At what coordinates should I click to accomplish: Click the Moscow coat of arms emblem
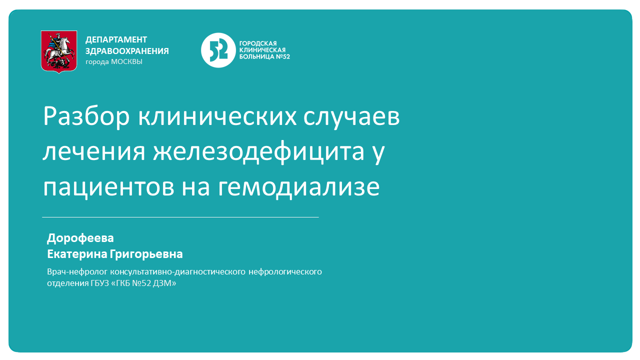pos(59,51)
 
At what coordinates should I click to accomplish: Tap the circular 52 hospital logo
pos(218,50)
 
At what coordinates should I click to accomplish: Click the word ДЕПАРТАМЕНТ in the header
pos(116,39)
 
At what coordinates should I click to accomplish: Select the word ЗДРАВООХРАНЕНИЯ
pos(127,51)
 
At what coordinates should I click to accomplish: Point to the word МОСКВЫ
pos(126,62)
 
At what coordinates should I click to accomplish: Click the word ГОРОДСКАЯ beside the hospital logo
pos(258,43)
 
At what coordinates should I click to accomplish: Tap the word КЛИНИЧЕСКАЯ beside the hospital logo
pos(262,50)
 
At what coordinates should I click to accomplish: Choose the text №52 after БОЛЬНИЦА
pos(283,56)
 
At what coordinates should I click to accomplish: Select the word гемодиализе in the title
pos(298,187)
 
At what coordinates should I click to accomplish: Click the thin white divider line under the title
pos(180,217)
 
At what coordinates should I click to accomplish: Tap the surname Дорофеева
pos(80,238)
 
